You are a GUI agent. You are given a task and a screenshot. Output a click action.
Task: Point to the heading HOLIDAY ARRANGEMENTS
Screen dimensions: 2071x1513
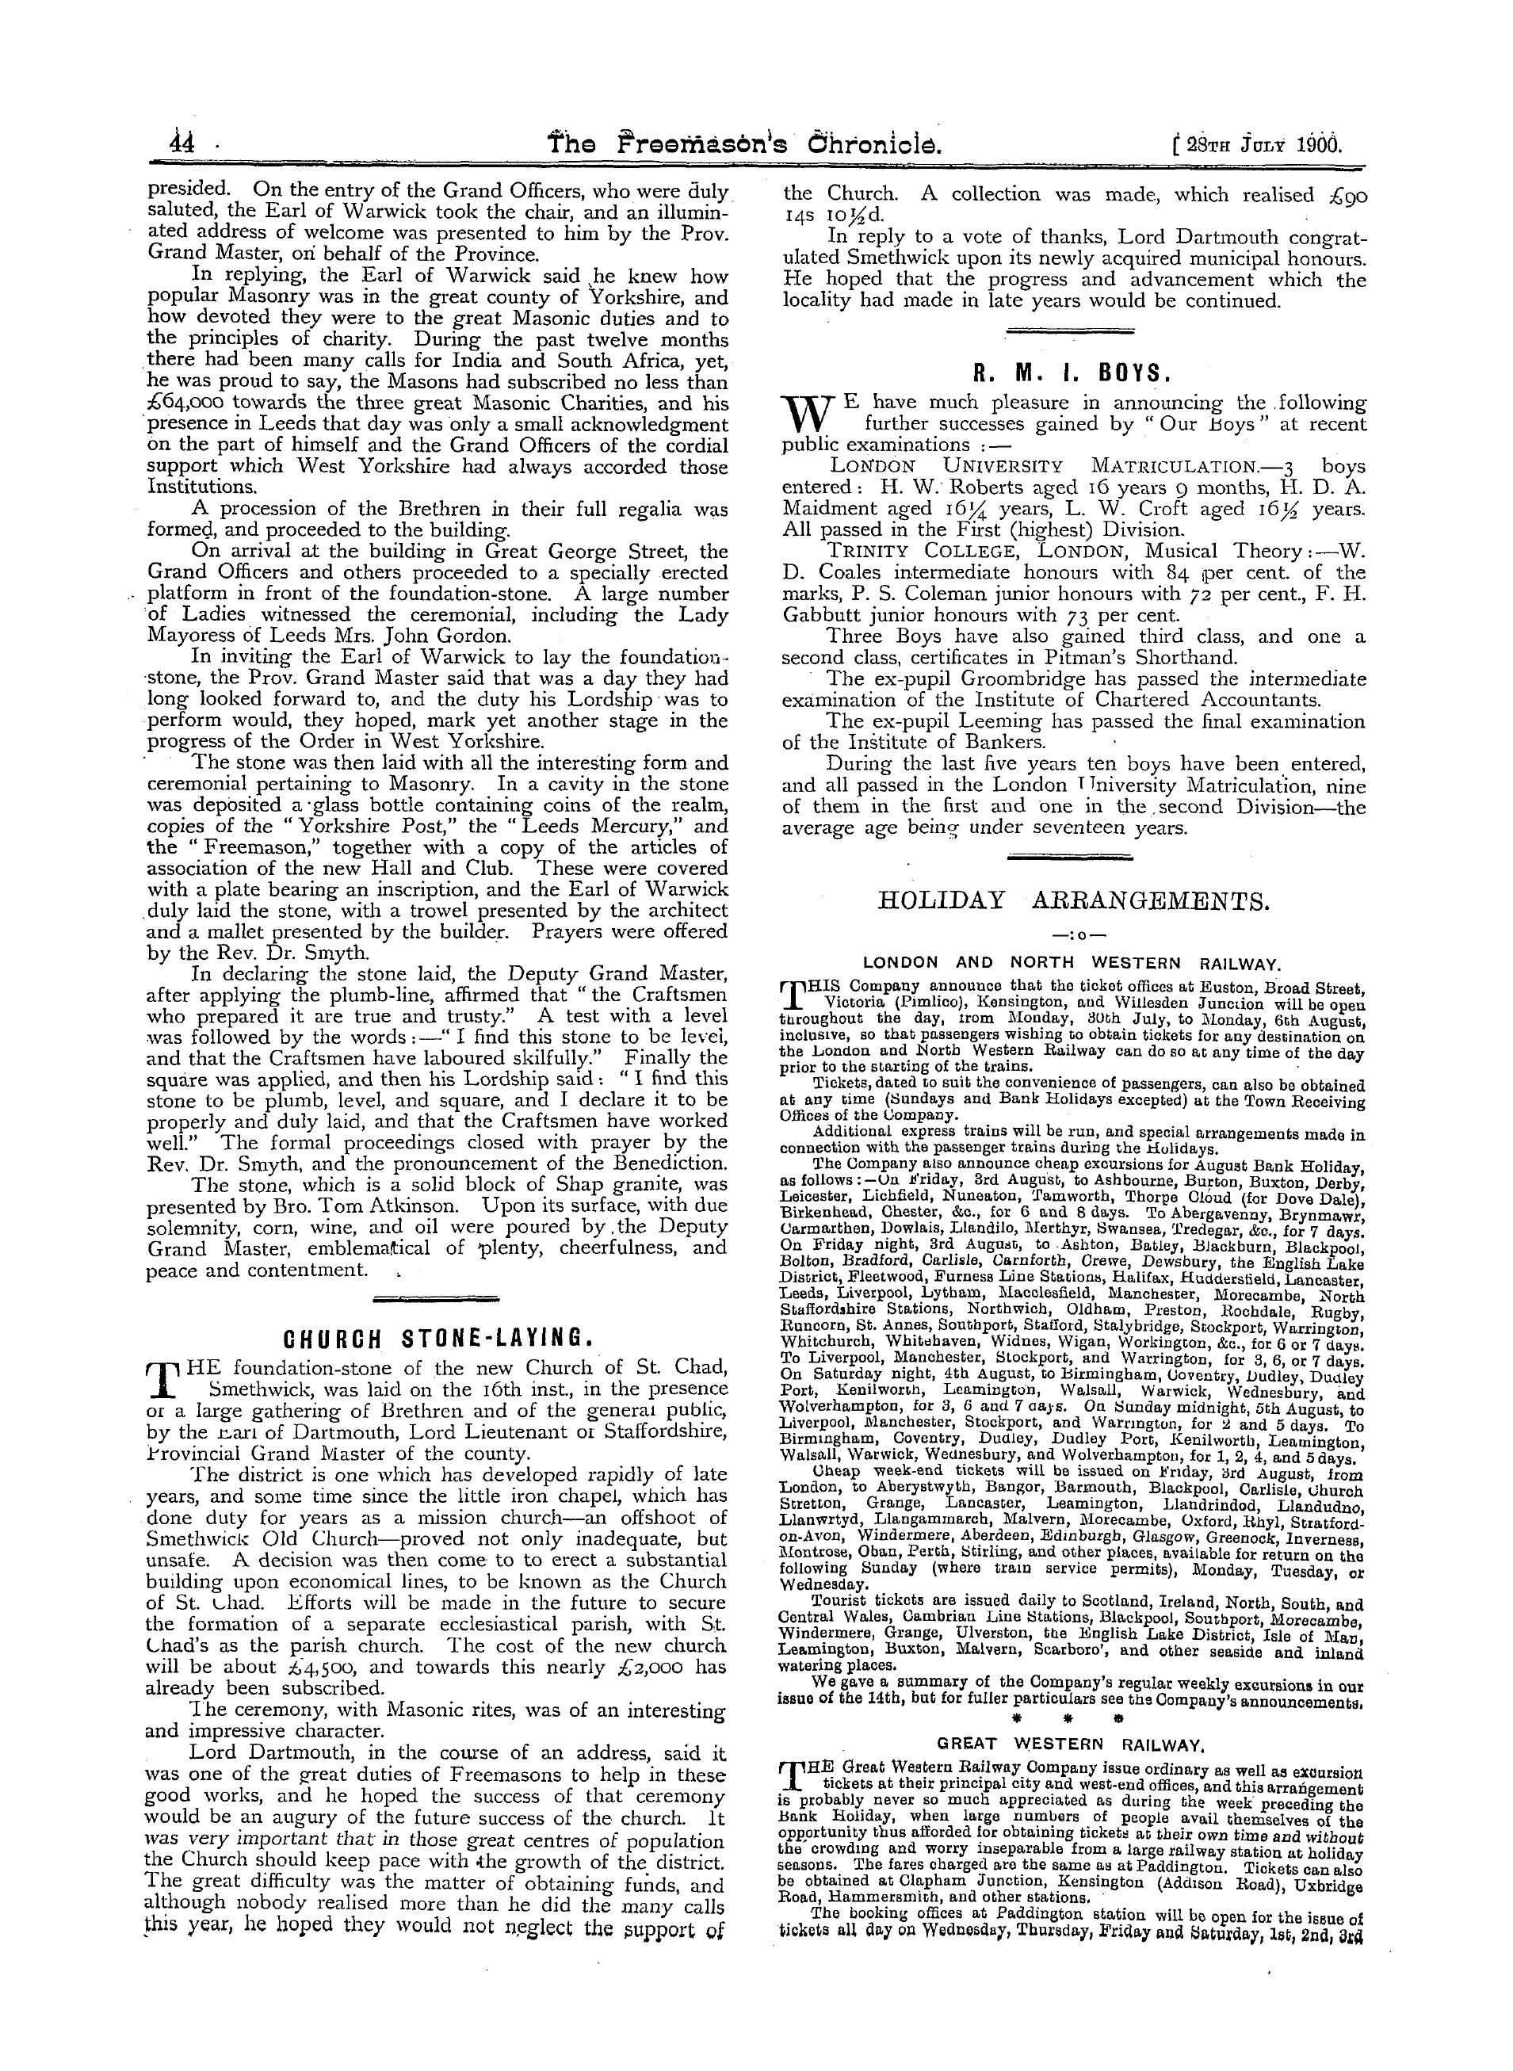tap(1073, 901)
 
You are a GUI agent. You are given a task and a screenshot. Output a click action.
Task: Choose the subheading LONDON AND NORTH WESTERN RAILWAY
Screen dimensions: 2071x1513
tap(1072, 964)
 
